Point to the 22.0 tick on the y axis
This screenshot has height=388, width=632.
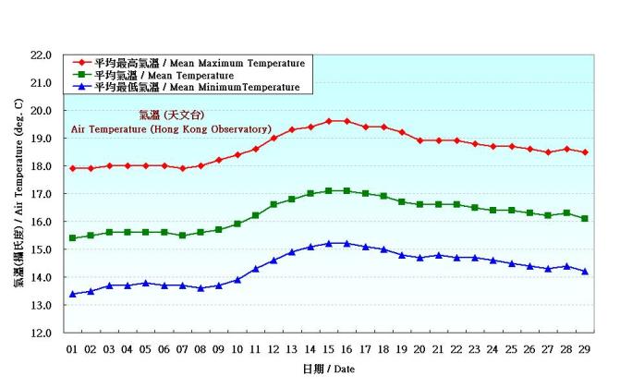pos(40,55)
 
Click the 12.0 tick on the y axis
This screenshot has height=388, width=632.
pos(40,333)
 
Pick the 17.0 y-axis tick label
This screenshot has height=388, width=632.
pos(40,194)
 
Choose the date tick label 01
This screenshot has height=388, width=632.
pos(72,348)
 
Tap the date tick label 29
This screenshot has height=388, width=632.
pos(584,348)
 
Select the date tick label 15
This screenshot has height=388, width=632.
pos(328,348)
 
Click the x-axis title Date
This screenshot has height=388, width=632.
pos(328,369)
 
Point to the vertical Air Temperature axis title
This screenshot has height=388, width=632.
pos(18,194)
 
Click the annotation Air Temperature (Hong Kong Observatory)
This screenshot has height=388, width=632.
pos(171,129)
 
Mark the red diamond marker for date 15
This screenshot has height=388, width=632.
pos(328,121)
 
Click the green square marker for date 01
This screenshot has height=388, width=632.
pos(72,238)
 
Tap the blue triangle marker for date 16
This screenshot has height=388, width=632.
pos(346,243)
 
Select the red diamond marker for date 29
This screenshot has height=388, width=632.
pos(584,152)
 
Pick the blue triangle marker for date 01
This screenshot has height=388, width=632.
pos(72,294)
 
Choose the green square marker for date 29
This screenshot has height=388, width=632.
pos(584,218)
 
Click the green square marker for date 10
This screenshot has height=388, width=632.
pos(237,224)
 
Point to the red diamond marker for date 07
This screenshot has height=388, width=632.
pos(182,168)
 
